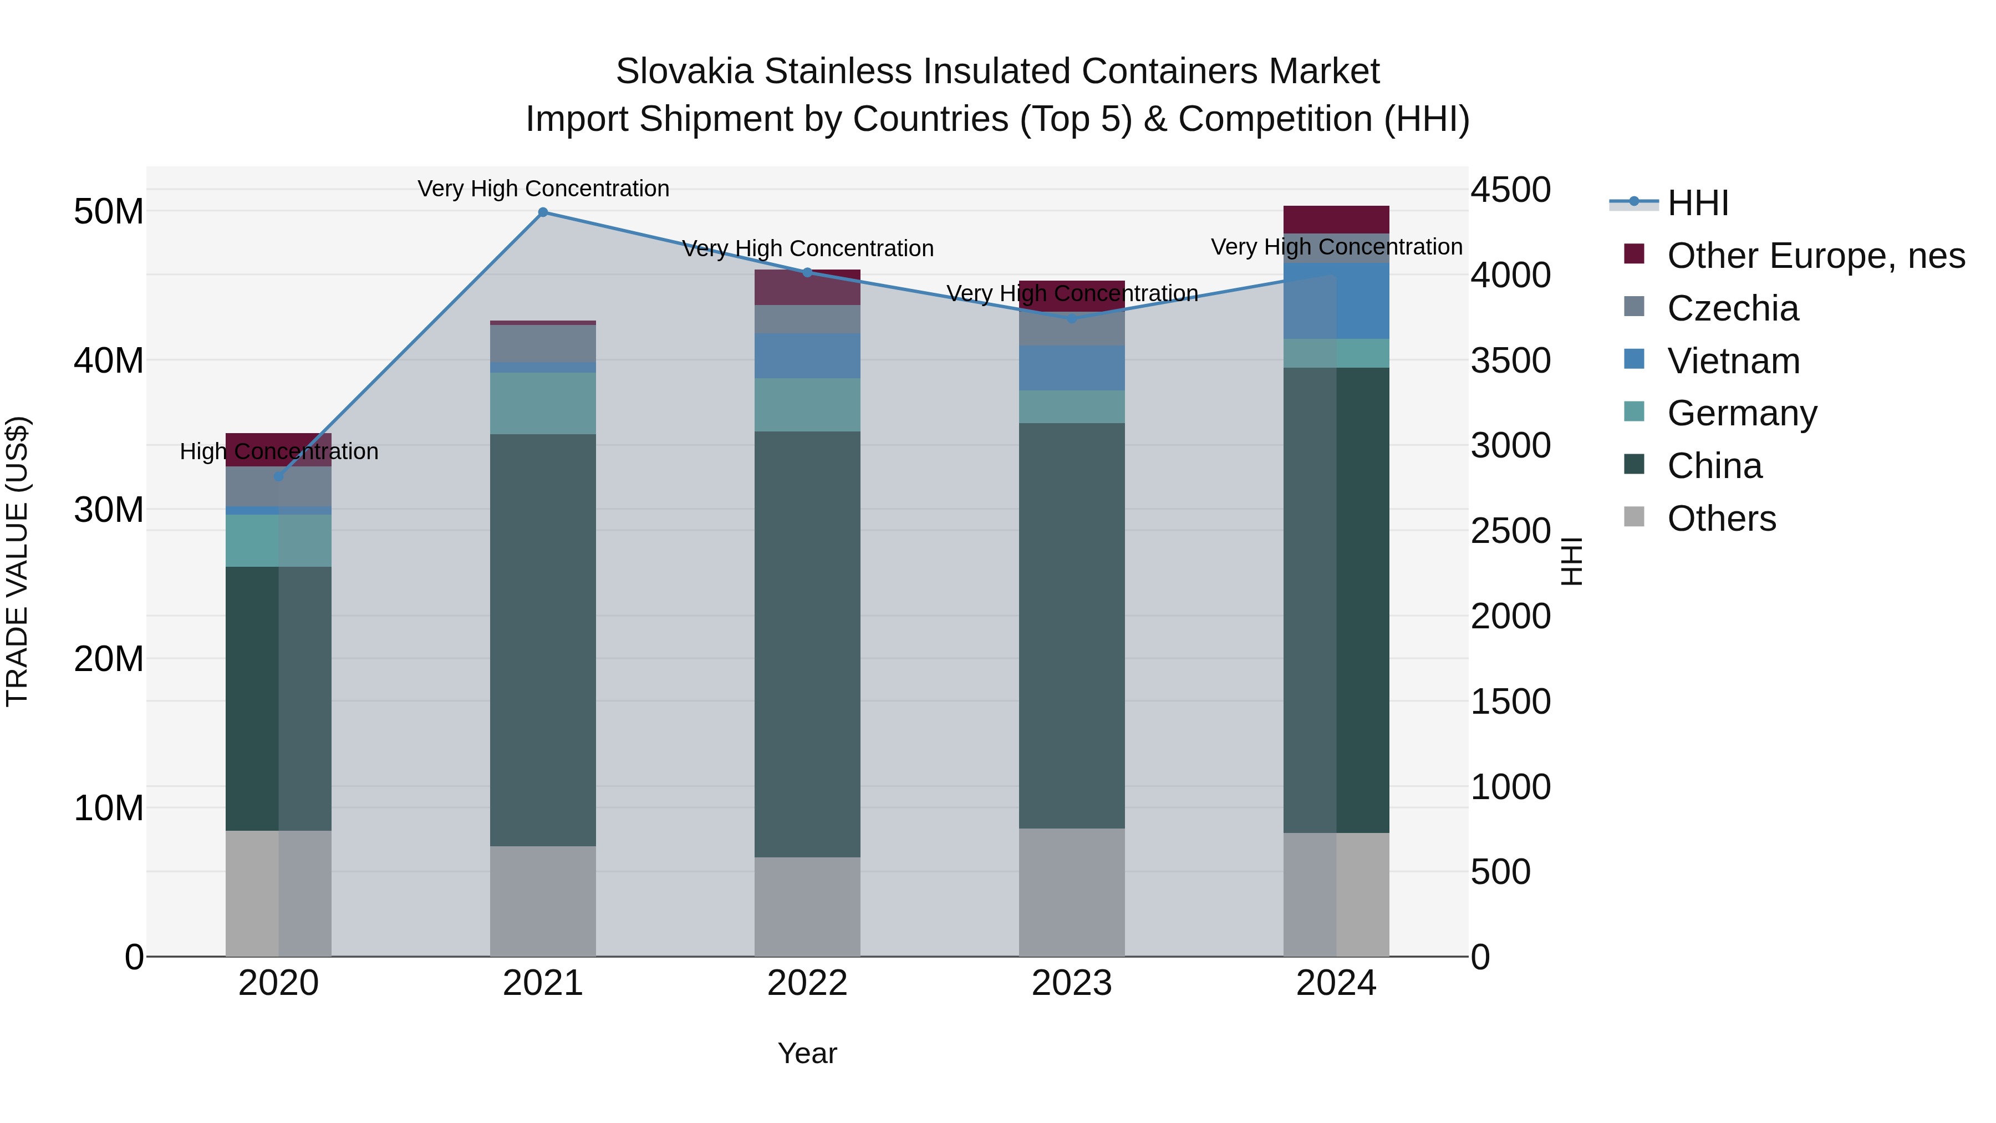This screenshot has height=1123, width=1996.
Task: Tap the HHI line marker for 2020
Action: click(x=279, y=476)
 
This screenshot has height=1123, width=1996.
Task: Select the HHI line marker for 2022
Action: click(x=807, y=272)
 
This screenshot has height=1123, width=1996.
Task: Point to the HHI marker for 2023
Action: click(x=1072, y=318)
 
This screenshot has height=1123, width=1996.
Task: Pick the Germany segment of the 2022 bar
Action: click(x=807, y=405)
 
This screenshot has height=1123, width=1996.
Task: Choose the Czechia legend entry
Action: click(x=1733, y=308)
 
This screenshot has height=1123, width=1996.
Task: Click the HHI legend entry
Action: click(x=1697, y=203)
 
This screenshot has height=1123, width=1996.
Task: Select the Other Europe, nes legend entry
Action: click(x=1815, y=256)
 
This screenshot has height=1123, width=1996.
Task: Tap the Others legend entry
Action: click(x=1721, y=519)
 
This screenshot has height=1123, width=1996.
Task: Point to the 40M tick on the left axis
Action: click(x=109, y=360)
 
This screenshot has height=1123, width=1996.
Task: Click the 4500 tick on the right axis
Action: click(x=1510, y=190)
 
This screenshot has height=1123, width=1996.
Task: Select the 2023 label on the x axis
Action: click(x=1072, y=983)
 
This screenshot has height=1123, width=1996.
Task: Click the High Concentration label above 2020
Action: click(x=279, y=451)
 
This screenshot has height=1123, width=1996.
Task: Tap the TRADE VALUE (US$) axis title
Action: click(x=17, y=561)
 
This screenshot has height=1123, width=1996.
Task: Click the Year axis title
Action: click(x=807, y=1053)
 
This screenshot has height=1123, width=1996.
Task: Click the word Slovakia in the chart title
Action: click(x=684, y=72)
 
